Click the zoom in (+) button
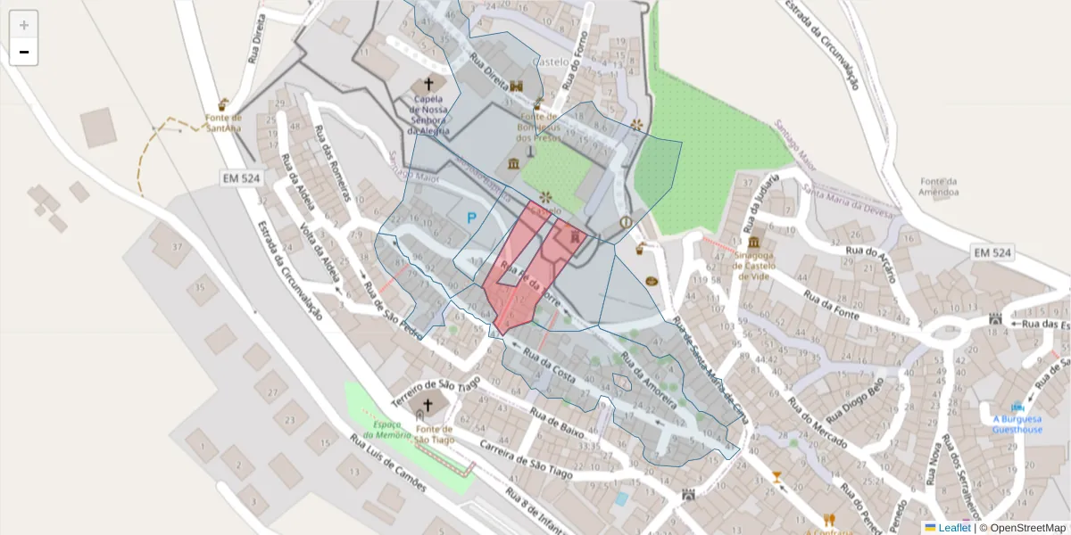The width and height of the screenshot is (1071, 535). [x=24, y=25]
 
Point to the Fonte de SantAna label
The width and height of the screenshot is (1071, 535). [x=223, y=122]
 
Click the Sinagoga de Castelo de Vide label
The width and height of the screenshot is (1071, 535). [x=755, y=264]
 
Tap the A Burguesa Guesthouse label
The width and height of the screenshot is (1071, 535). [x=1017, y=424]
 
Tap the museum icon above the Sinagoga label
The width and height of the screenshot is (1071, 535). [x=755, y=243]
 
